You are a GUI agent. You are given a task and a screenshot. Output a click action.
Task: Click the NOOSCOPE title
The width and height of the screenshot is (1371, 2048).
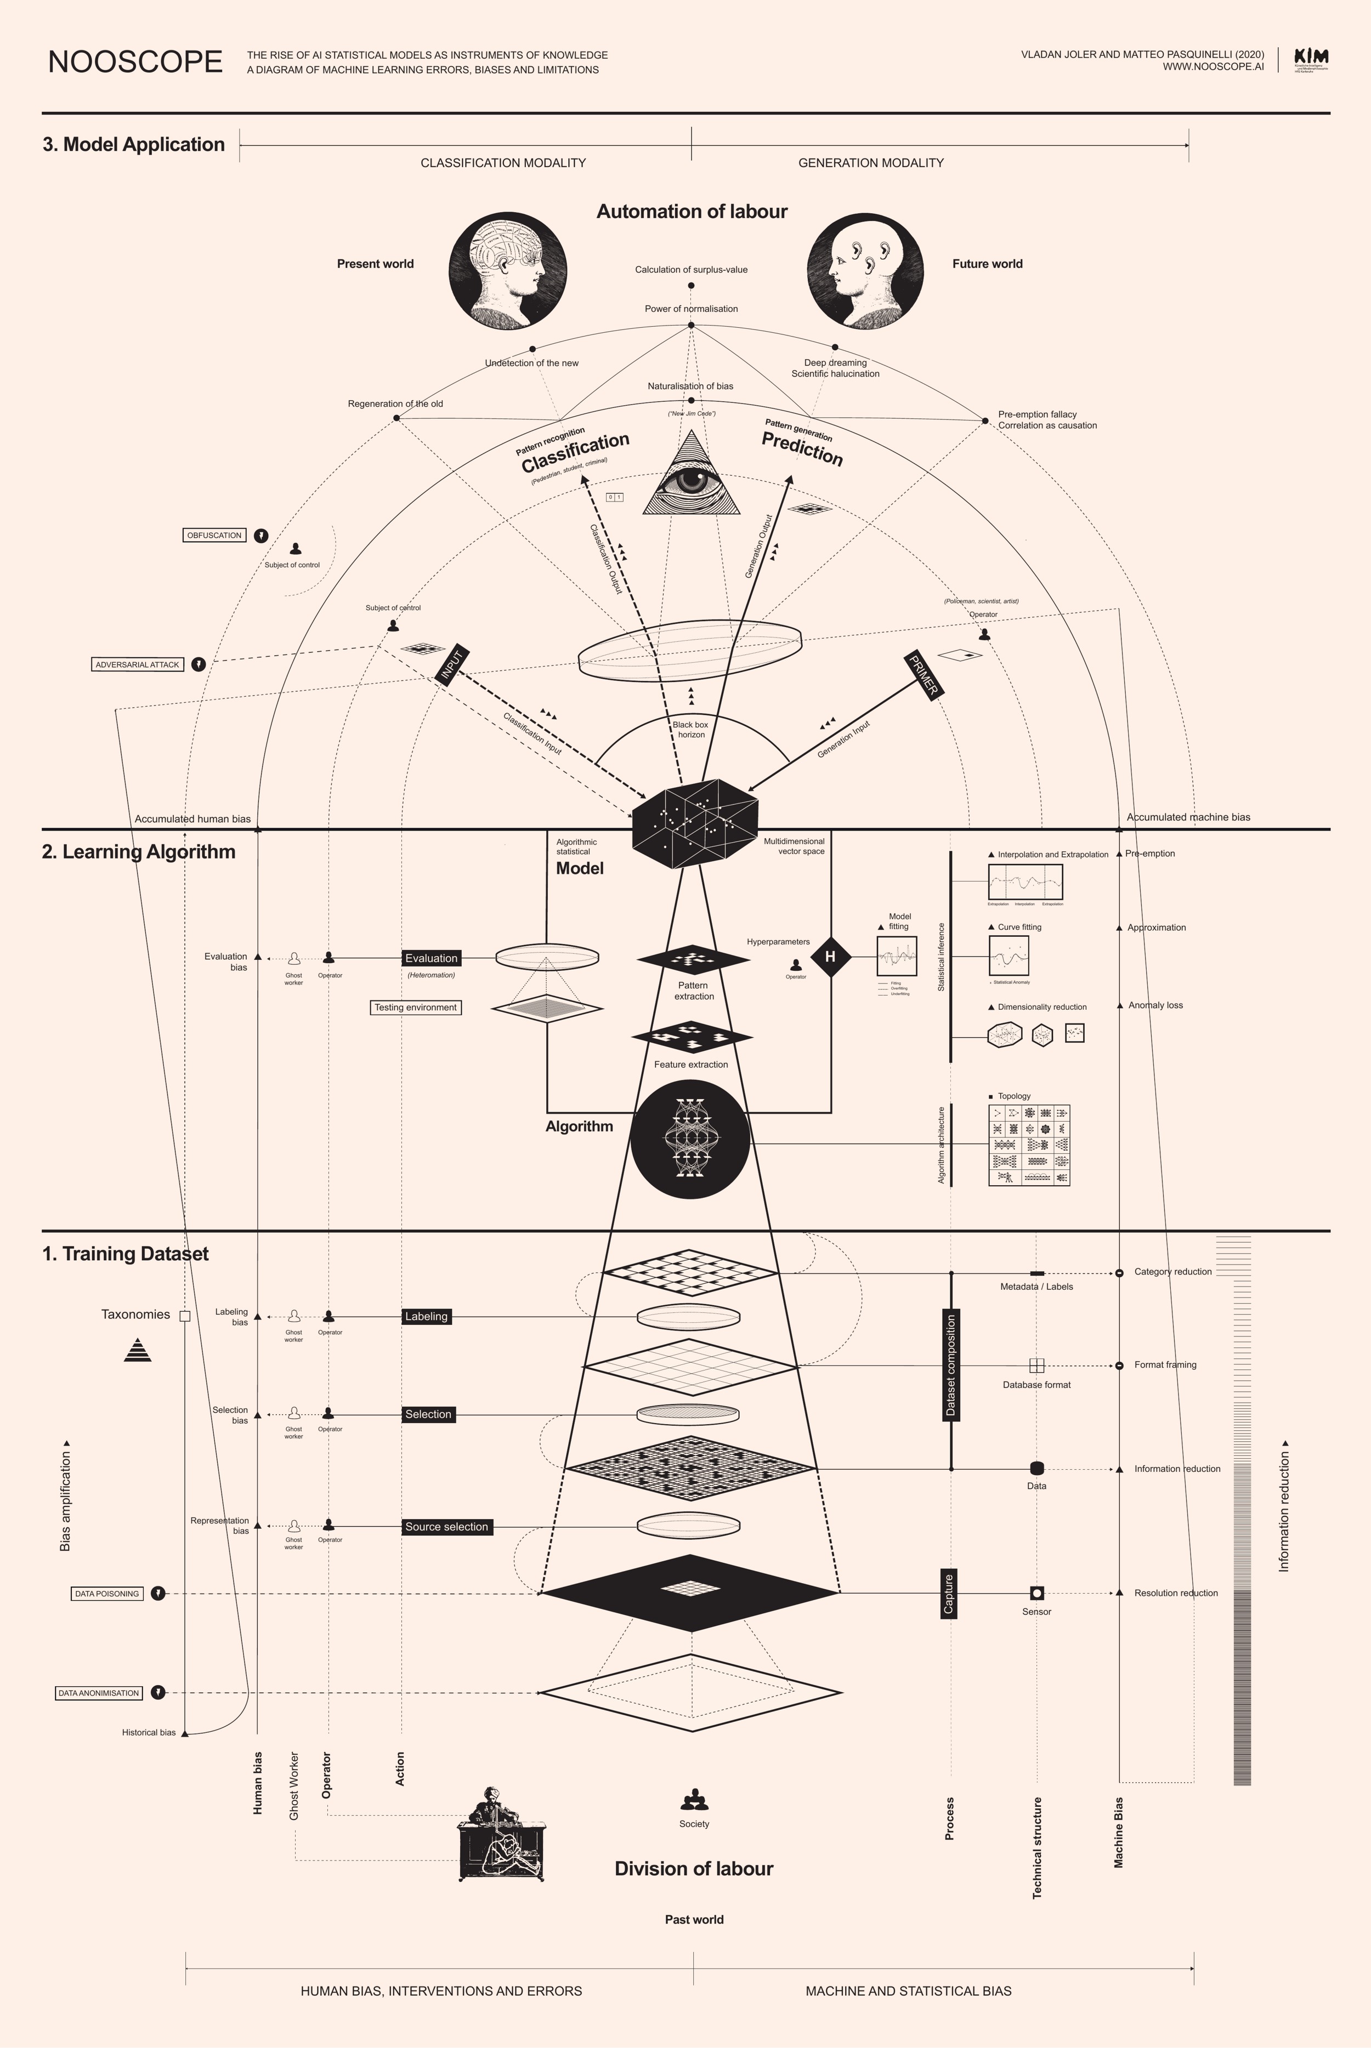[135, 62]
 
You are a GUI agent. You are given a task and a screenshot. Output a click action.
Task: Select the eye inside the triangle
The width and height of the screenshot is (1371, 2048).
[692, 481]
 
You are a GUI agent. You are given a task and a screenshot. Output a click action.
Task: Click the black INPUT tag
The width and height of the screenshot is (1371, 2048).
[451, 666]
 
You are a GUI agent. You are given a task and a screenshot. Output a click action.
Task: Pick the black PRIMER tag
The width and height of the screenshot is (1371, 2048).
[924, 675]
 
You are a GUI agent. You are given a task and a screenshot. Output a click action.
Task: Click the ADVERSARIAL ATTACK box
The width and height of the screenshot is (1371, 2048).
[137, 664]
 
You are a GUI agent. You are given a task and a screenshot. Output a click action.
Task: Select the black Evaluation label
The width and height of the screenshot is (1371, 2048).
[431, 958]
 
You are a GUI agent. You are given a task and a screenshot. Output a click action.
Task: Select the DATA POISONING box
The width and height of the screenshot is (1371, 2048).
[107, 1594]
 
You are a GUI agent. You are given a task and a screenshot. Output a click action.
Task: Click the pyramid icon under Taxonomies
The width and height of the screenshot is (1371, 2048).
[137, 1351]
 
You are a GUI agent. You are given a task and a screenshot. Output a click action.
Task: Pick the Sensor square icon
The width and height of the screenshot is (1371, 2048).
[1037, 1592]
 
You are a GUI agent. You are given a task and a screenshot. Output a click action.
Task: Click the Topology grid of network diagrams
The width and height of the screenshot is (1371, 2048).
[1029, 1145]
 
